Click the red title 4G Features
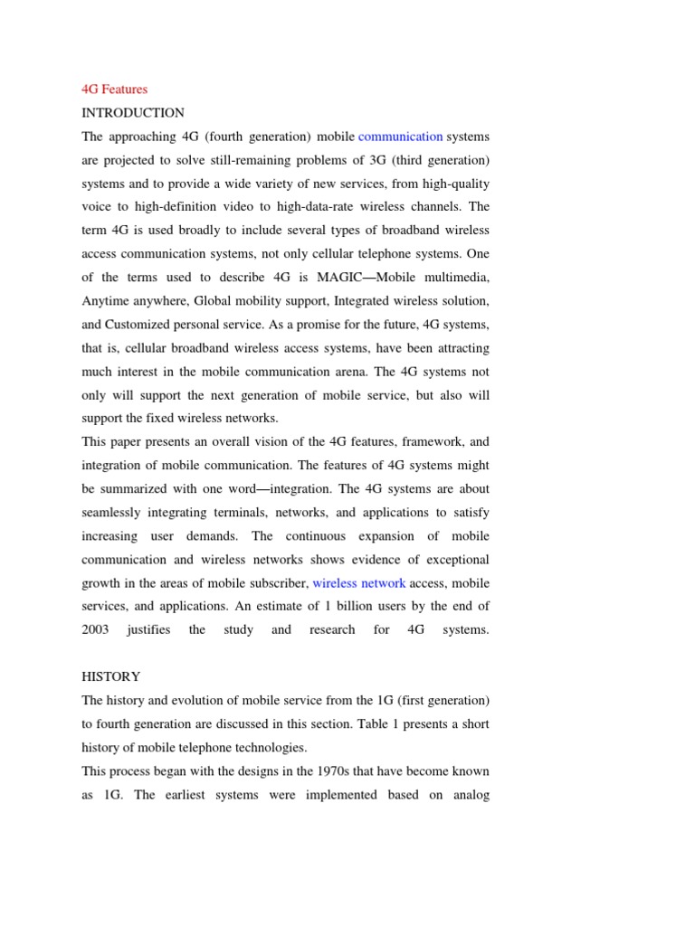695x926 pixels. click(114, 90)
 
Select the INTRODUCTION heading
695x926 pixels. click(133, 113)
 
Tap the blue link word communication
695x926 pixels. click(400, 137)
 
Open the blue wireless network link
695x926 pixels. click(358, 583)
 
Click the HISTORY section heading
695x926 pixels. click(111, 676)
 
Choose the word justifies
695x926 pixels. click(148, 629)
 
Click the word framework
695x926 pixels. click(419, 442)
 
